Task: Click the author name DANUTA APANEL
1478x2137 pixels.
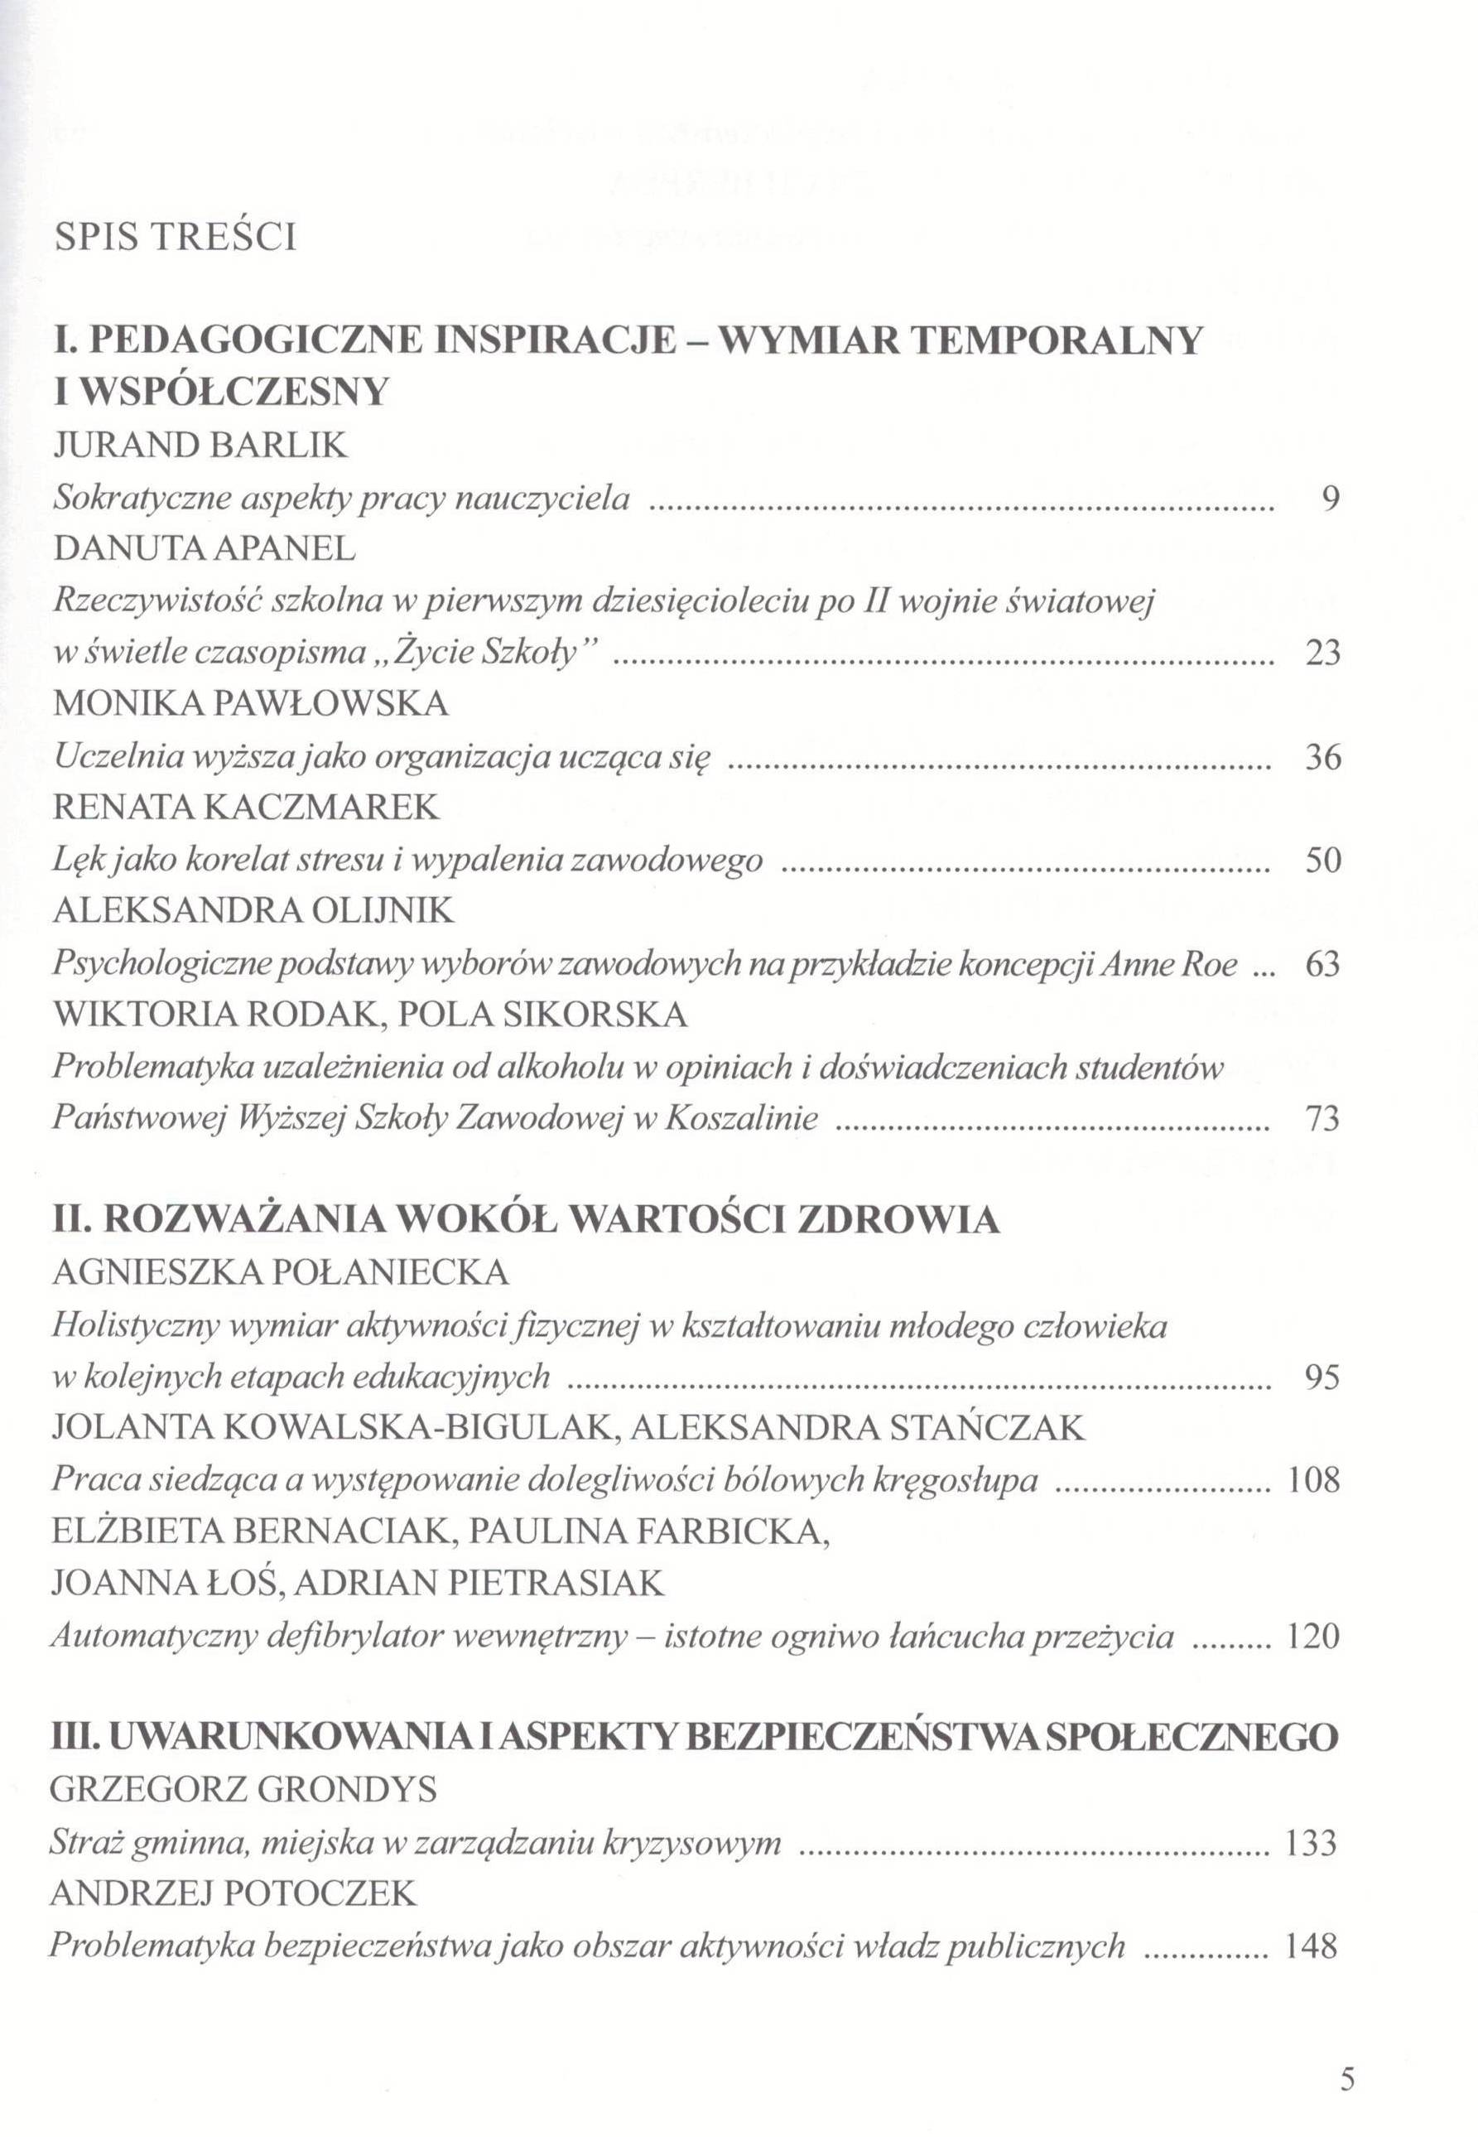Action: (204, 549)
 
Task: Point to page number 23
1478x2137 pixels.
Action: (1322, 654)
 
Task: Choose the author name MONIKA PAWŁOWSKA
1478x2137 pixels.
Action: (251, 704)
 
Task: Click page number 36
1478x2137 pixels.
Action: (1322, 758)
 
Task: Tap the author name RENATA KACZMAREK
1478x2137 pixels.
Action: (247, 808)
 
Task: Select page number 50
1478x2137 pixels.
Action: (1322, 861)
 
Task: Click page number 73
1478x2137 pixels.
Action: (1322, 1120)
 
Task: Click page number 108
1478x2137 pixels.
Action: (1314, 1480)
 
